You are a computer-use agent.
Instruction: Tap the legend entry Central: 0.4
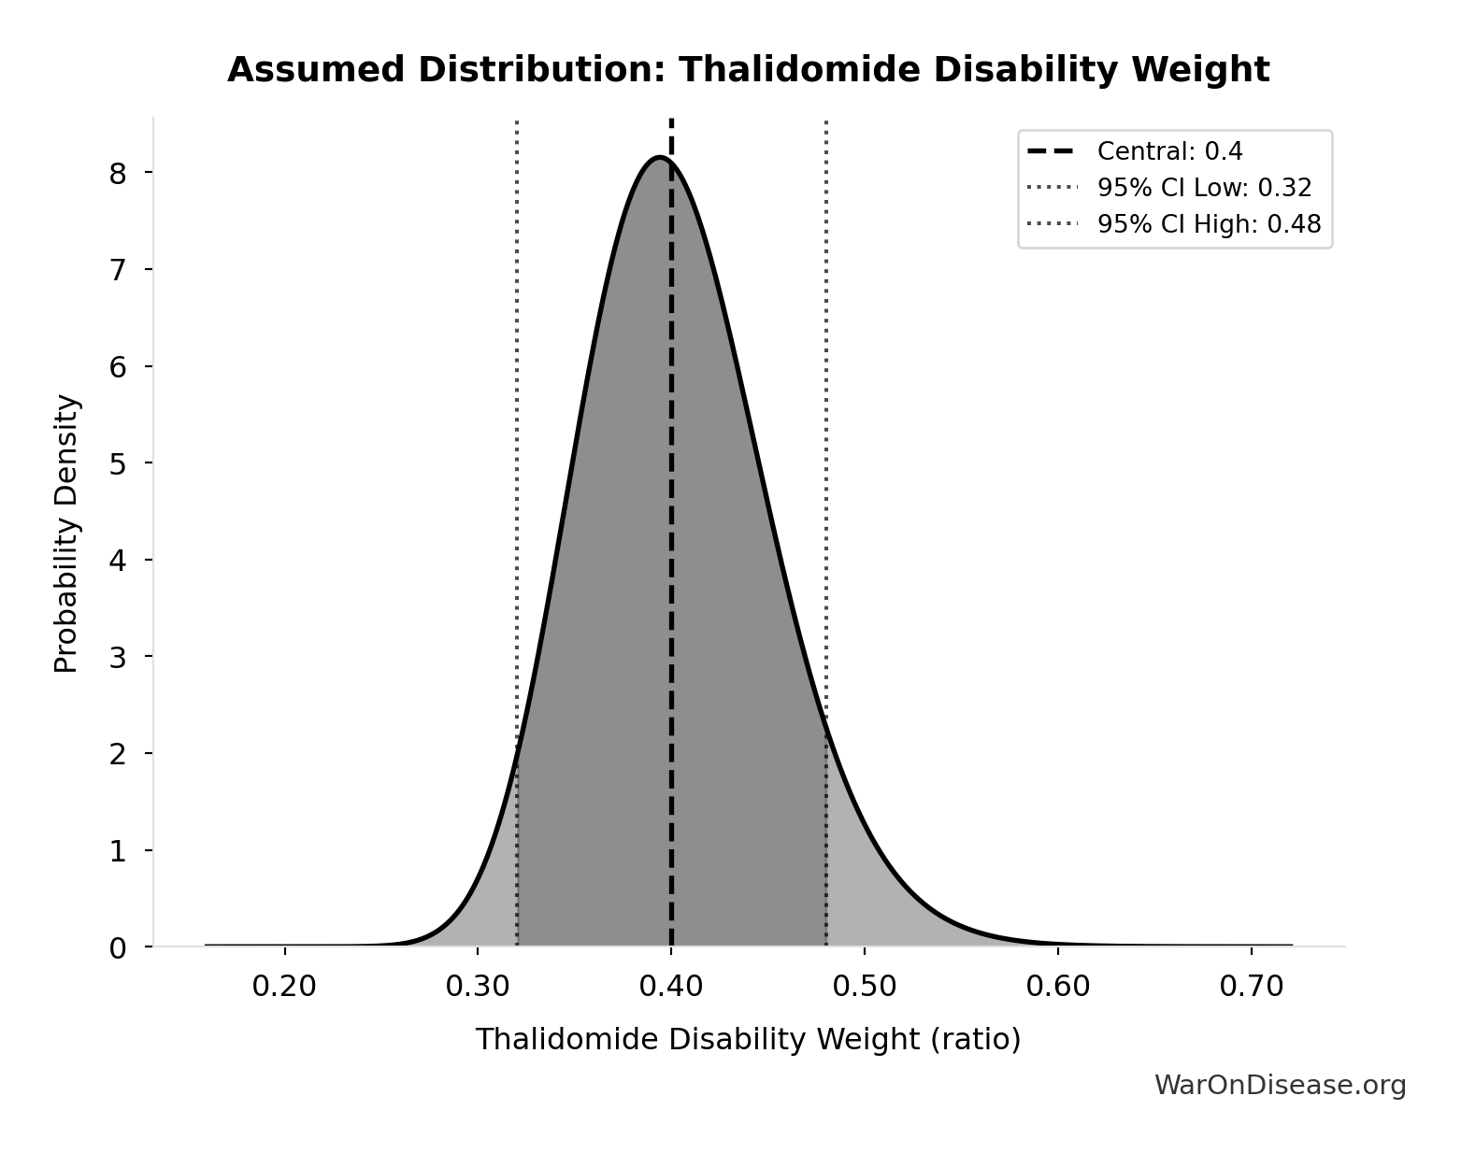(1169, 151)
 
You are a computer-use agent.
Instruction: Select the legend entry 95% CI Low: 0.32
(1204, 188)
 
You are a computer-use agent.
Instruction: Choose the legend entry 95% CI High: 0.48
(1209, 224)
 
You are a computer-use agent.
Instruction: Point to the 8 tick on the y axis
(118, 173)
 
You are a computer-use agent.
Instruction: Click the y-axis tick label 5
(118, 463)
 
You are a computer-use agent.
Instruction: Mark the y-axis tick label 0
(118, 948)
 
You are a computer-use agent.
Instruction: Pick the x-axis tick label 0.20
(284, 987)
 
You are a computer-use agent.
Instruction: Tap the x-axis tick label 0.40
(671, 987)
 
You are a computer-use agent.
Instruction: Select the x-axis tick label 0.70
(1251, 987)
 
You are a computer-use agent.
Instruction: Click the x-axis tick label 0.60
(1057, 987)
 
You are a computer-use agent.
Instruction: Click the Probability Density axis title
(66, 533)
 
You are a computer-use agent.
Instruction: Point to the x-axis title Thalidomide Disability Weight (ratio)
(748, 1040)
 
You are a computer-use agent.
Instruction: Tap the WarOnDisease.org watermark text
(1280, 1085)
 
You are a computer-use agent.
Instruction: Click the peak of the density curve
(660, 157)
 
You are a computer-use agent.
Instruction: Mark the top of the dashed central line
(671, 121)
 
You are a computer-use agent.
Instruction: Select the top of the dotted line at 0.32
(517, 122)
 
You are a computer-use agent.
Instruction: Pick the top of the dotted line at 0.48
(826, 122)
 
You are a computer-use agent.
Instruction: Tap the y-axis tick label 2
(118, 754)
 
